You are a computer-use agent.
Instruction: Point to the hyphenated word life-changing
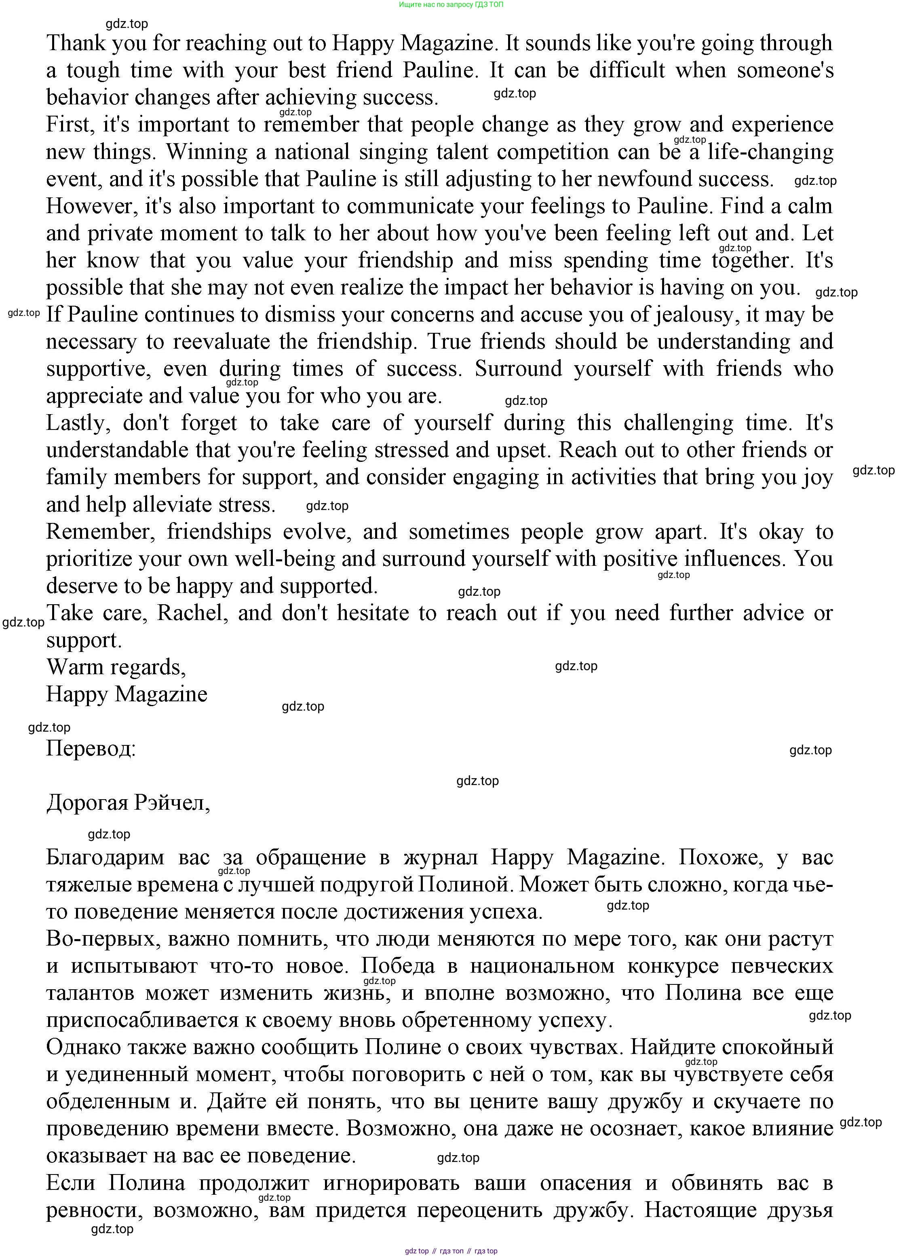770,152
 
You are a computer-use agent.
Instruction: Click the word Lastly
78,423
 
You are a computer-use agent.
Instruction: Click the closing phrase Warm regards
116,667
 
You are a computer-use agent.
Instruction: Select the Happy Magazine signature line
126,694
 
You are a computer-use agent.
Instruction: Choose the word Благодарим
105,857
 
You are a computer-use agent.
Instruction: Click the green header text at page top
451,4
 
